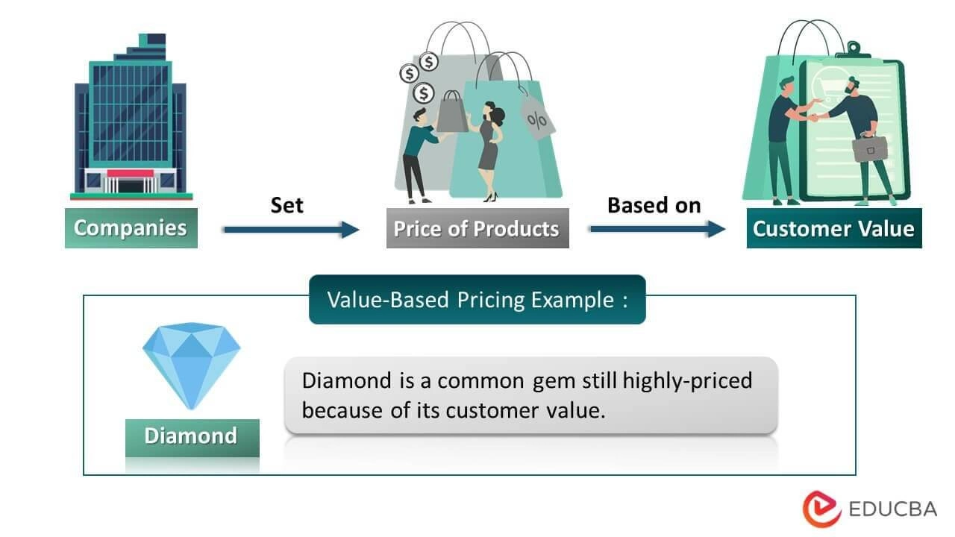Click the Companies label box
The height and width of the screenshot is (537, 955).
click(x=131, y=227)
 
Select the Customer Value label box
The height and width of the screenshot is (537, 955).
click(x=833, y=228)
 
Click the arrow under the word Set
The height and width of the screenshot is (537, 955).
click(x=291, y=230)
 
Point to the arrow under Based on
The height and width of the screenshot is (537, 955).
click(x=657, y=230)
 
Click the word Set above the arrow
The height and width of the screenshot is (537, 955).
click(x=286, y=205)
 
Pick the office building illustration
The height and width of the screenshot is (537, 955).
click(x=131, y=119)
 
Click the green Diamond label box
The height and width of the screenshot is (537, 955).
click(x=191, y=436)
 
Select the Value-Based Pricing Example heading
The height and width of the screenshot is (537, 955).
click(x=477, y=300)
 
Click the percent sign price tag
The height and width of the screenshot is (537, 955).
click(x=536, y=119)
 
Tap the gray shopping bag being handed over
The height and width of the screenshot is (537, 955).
click(x=451, y=112)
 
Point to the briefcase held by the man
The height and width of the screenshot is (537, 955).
click(x=869, y=148)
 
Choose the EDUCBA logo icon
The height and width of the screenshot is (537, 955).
click(x=821, y=509)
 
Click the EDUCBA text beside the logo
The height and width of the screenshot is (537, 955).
click(x=893, y=509)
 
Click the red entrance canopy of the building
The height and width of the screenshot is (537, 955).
click(x=130, y=174)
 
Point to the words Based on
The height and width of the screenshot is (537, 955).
click(x=654, y=205)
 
